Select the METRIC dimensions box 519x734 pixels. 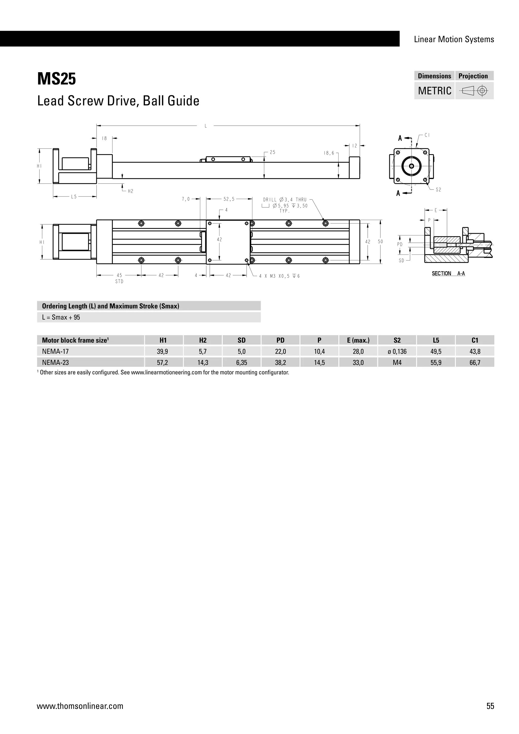(434, 91)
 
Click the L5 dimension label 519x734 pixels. (74, 197)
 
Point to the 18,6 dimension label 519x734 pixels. (329, 153)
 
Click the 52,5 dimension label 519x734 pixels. (229, 199)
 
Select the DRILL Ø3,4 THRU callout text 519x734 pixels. (285, 200)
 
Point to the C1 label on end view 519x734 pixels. (427, 135)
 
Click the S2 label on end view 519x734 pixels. (438, 190)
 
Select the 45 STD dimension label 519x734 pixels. (119, 278)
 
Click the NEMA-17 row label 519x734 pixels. (55, 351)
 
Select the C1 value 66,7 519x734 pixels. (475, 362)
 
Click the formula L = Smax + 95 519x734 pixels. (61, 317)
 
